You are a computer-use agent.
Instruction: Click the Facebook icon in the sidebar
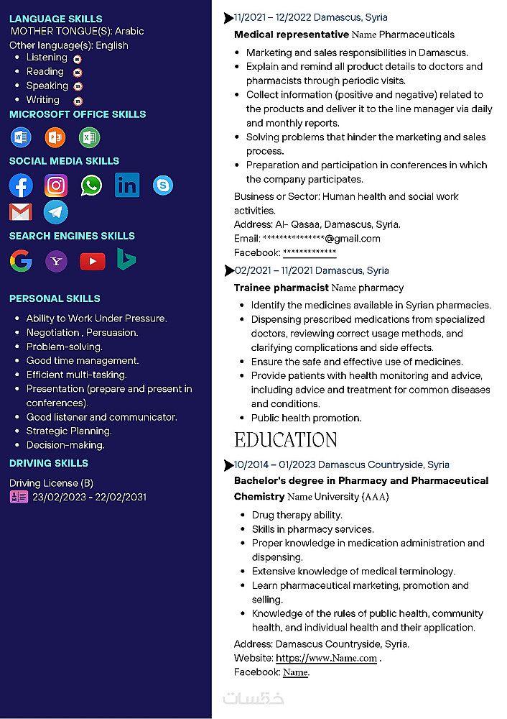click(21, 186)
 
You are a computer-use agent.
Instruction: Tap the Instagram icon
click(56, 186)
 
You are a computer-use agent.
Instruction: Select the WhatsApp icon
click(91, 186)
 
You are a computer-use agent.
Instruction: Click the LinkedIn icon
click(127, 186)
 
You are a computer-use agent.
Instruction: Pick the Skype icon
click(163, 186)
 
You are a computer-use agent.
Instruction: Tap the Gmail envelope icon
click(21, 212)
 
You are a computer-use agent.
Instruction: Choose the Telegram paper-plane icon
click(56, 212)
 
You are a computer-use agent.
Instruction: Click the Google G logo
click(21, 261)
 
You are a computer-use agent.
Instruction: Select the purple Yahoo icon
click(56, 261)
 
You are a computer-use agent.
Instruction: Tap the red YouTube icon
click(92, 261)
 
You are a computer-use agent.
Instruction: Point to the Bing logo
click(127, 260)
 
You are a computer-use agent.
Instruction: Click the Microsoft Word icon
click(20, 137)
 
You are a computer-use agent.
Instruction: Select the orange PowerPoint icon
click(55, 137)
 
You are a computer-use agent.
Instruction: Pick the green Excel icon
click(89, 137)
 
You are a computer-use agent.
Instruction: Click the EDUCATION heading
click(285, 440)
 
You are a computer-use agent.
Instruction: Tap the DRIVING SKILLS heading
click(49, 463)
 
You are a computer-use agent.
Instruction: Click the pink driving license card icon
click(19, 497)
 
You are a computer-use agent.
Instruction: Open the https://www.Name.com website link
click(326, 658)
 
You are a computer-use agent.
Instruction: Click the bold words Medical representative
click(291, 35)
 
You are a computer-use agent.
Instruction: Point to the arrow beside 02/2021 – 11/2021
click(229, 270)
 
